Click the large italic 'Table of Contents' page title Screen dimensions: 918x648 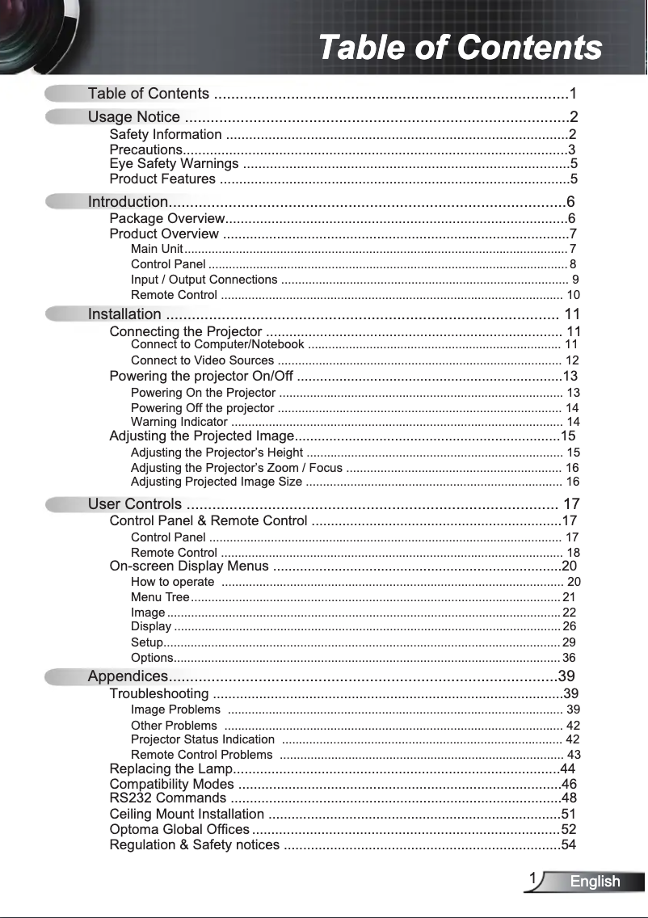coord(460,48)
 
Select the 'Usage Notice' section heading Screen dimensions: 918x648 coord(134,117)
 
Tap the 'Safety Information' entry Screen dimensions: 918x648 coord(166,134)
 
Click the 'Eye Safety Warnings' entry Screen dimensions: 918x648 coord(174,164)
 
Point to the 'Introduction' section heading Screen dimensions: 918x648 coord(128,201)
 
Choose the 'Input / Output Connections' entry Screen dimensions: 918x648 coord(204,280)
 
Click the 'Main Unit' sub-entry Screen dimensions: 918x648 coord(157,249)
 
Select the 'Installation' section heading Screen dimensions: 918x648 coord(124,314)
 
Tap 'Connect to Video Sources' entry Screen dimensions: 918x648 coord(202,360)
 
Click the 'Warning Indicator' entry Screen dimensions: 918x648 coord(179,422)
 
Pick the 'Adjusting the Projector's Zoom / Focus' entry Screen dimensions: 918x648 coord(236,468)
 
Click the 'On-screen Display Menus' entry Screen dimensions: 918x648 coord(189,566)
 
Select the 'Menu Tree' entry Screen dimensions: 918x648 coord(160,597)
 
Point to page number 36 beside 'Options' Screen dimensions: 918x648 coord(569,658)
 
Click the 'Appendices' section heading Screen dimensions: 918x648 coord(128,676)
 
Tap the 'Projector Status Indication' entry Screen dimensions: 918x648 coord(203,739)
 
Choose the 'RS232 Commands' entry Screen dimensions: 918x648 coord(167,798)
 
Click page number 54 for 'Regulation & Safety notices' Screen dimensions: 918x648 coord(569,845)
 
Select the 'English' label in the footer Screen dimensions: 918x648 coord(595,882)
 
